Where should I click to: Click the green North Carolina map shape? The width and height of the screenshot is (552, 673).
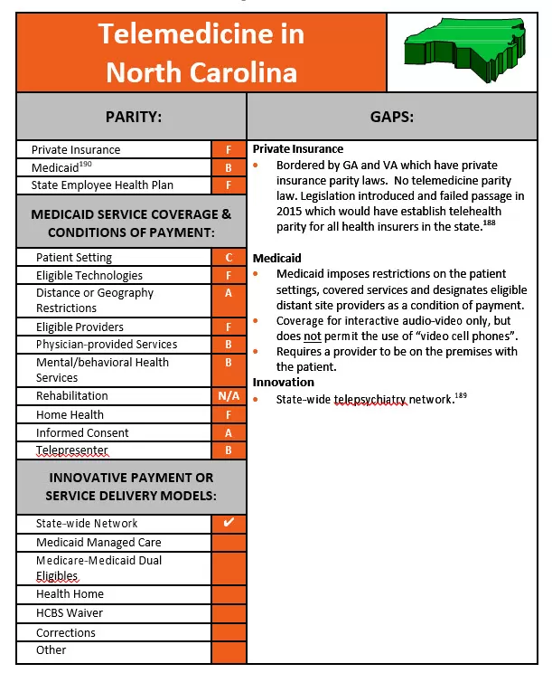coord(461,45)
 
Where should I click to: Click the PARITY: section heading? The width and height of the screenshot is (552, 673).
coord(132,117)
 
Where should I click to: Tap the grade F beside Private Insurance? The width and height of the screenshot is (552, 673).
coord(229,150)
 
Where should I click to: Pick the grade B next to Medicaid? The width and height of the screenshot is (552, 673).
coord(229,168)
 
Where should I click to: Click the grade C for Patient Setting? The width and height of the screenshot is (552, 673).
coord(229,258)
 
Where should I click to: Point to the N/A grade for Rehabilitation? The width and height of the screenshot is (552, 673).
coord(229,396)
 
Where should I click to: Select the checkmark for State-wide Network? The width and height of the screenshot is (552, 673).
coord(229,523)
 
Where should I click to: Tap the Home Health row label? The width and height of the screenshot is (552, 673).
coord(70,415)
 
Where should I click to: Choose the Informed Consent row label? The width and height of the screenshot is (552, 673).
coord(82,433)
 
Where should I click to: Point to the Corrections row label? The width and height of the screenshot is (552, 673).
coord(66,633)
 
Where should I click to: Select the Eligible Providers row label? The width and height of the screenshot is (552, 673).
coord(80,327)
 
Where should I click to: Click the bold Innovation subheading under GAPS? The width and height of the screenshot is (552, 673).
coord(284,383)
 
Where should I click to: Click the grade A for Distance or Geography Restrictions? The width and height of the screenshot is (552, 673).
coord(229,293)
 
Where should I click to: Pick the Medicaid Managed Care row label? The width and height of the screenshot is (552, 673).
coord(98,543)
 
